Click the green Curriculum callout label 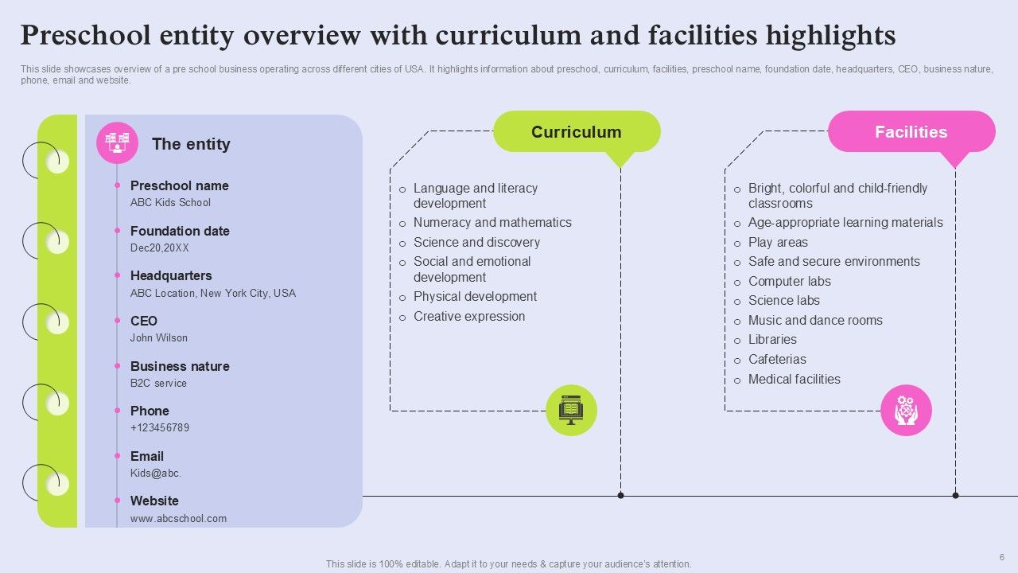click(576, 132)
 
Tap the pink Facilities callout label click(911, 132)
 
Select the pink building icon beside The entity click(117, 142)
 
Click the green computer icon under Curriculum click(571, 411)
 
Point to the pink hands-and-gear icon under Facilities click(906, 411)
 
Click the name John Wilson click(159, 338)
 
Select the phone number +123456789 click(160, 428)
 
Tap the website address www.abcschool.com click(178, 519)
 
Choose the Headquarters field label click(171, 276)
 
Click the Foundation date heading click(180, 231)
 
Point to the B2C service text click(158, 384)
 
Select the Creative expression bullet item click(469, 317)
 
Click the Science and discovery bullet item click(476, 243)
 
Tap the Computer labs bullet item click(789, 282)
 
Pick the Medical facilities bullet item click(794, 380)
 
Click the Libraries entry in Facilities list click(772, 340)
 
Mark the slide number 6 click(1002, 557)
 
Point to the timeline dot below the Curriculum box click(620, 496)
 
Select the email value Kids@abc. click(156, 474)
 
